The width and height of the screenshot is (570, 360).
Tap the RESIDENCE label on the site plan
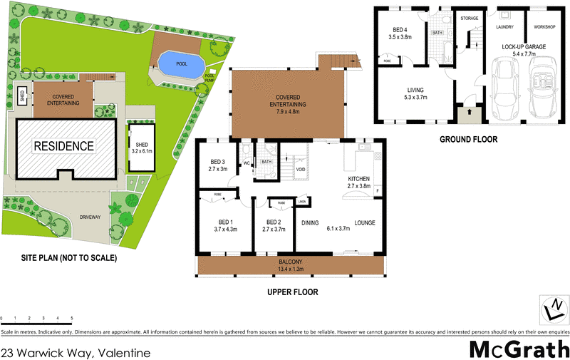(x=65, y=146)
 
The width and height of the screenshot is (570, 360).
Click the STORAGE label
(x=469, y=18)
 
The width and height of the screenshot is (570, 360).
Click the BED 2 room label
(x=274, y=222)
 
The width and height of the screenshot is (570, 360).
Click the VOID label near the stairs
(x=301, y=170)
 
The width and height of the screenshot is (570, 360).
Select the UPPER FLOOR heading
(x=292, y=292)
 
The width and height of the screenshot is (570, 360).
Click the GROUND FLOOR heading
(x=468, y=139)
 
